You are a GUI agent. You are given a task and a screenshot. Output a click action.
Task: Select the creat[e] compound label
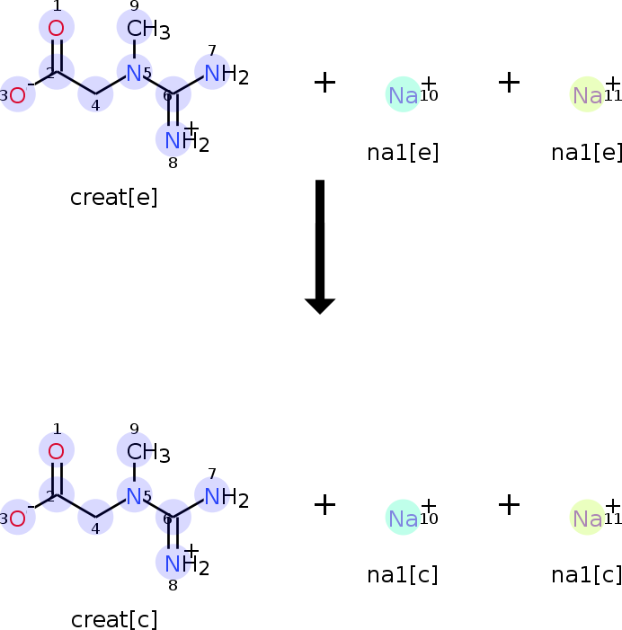point(114,197)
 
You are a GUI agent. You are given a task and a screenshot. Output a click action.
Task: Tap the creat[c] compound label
point(114,619)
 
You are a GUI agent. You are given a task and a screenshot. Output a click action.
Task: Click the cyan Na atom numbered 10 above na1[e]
point(403,94)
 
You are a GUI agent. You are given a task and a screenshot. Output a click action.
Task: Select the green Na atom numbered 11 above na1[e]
point(587,94)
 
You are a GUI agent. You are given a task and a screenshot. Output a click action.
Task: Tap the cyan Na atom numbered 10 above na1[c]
point(403,518)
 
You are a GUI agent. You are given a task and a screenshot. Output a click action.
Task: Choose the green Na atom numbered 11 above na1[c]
point(587,518)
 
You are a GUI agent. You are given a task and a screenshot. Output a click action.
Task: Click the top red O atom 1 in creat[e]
point(56,28)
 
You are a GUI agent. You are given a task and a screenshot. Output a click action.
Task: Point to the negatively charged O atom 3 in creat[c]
point(17,518)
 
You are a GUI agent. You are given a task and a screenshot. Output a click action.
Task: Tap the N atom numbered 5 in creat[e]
point(134,73)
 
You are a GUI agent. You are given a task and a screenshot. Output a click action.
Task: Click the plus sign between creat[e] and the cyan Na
point(324,82)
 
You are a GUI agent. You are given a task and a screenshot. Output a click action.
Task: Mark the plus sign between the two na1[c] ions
point(509,505)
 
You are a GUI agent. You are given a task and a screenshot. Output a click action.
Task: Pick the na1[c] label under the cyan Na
point(403,575)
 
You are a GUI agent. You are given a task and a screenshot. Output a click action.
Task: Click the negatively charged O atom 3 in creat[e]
point(17,94)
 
